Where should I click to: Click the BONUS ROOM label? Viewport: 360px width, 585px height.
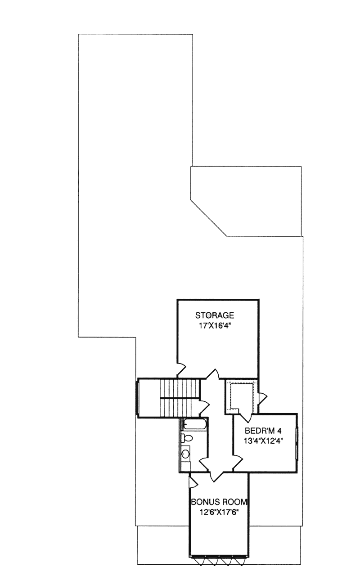[x=219, y=502]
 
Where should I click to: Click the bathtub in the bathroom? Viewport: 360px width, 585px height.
[x=194, y=423]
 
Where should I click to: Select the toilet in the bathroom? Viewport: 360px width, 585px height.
[x=187, y=438]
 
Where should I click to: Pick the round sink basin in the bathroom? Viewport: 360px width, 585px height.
[x=185, y=454]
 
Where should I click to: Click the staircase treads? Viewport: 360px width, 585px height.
[x=180, y=398]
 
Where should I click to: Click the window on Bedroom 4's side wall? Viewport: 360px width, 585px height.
[x=297, y=443]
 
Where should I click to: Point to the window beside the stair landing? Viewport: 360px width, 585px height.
[x=137, y=398]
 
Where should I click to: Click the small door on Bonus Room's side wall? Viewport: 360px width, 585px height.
[x=193, y=482]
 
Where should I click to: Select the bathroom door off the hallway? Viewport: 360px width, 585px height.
[x=204, y=463]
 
